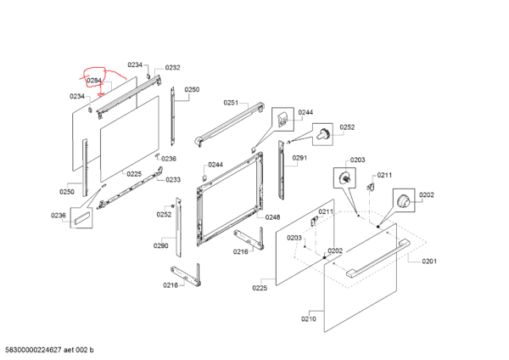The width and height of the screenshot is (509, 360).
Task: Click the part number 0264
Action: [94, 81]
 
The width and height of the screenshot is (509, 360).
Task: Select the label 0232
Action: [172, 68]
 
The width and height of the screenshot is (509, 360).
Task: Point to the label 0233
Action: [173, 180]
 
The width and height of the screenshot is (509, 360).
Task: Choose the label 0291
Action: [299, 158]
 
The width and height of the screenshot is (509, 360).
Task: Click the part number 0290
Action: [160, 245]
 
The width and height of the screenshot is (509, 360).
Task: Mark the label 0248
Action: [272, 217]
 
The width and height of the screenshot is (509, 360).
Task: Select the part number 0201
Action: [429, 261]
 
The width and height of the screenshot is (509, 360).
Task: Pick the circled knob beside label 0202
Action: [404, 202]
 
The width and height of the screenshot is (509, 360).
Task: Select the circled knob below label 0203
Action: [344, 178]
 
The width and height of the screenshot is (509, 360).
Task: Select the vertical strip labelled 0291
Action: [282, 169]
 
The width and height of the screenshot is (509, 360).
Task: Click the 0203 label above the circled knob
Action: [357, 160]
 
